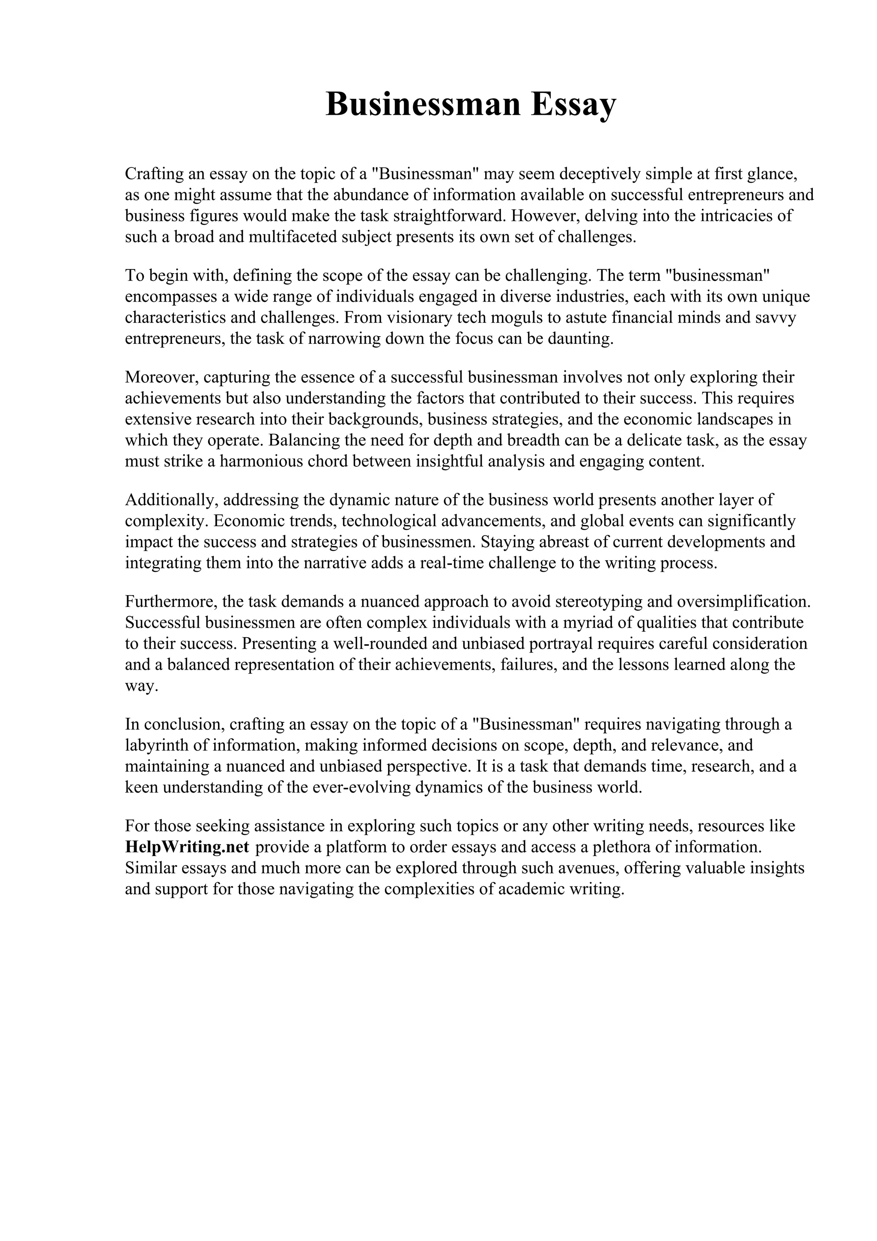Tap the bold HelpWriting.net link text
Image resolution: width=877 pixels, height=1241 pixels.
pyautogui.click(x=187, y=847)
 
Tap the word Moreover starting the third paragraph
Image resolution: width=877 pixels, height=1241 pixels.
pyautogui.click(x=161, y=377)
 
